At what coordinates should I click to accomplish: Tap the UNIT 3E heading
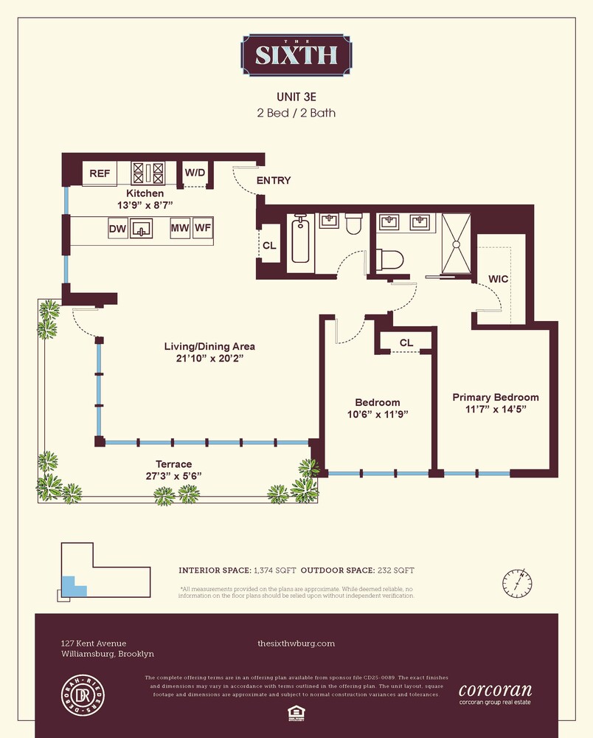(296, 97)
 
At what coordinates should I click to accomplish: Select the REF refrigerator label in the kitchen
(100, 173)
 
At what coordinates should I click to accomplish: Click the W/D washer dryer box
(195, 173)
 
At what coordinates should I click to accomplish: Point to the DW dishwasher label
(117, 230)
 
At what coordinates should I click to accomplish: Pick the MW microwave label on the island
(180, 230)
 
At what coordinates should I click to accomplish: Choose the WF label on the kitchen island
(203, 230)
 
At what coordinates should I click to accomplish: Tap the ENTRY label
(273, 181)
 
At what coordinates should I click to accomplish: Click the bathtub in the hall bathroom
(299, 239)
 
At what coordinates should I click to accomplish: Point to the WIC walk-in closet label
(499, 279)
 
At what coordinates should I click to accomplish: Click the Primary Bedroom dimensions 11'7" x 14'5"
(495, 409)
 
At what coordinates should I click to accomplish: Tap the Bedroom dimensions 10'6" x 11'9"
(377, 414)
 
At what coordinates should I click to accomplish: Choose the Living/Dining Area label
(209, 346)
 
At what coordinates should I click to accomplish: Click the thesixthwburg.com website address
(296, 644)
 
